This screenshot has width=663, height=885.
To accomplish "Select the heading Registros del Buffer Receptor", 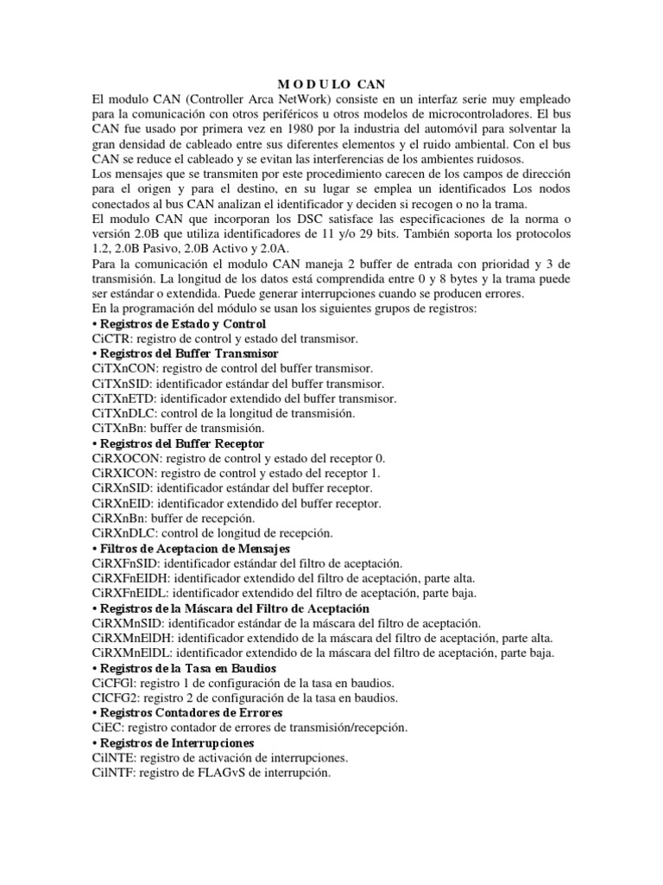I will [x=182, y=443].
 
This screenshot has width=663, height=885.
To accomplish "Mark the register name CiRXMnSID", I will [x=128, y=622].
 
